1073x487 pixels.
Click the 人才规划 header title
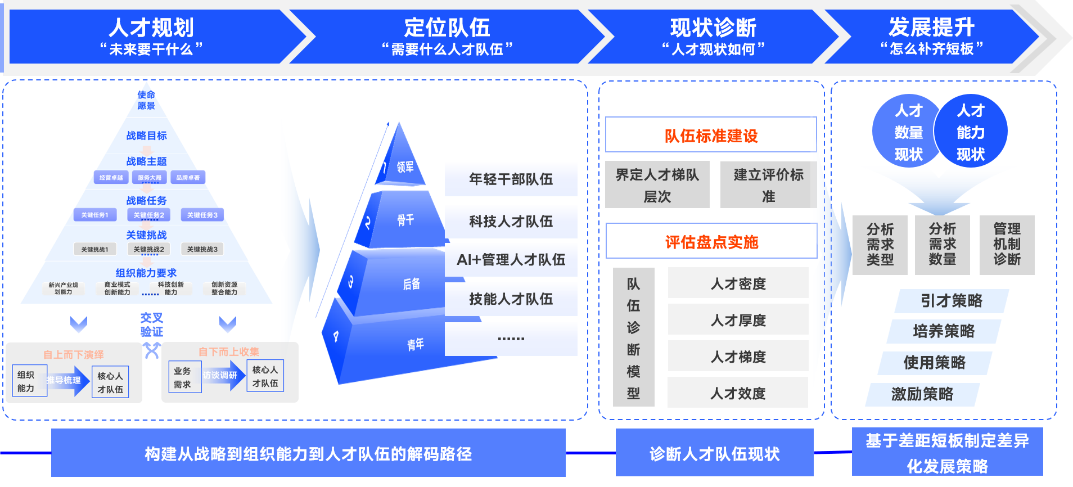[x=151, y=28]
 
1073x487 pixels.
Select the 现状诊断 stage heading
[x=713, y=28]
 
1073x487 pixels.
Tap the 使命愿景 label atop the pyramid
[x=146, y=100]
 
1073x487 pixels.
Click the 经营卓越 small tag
[x=111, y=178]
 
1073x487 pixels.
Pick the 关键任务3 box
[x=202, y=215]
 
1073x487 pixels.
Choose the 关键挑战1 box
[x=94, y=249]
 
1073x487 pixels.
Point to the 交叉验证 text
[x=151, y=325]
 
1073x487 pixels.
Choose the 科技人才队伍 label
[x=511, y=222]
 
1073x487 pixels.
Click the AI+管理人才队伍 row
[x=511, y=260]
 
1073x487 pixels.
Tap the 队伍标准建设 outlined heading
[x=711, y=135]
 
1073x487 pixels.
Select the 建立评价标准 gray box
[x=768, y=185]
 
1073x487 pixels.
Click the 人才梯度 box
[x=738, y=357]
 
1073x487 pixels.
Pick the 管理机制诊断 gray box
[x=1007, y=245]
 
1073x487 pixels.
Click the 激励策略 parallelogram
[x=922, y=394]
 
